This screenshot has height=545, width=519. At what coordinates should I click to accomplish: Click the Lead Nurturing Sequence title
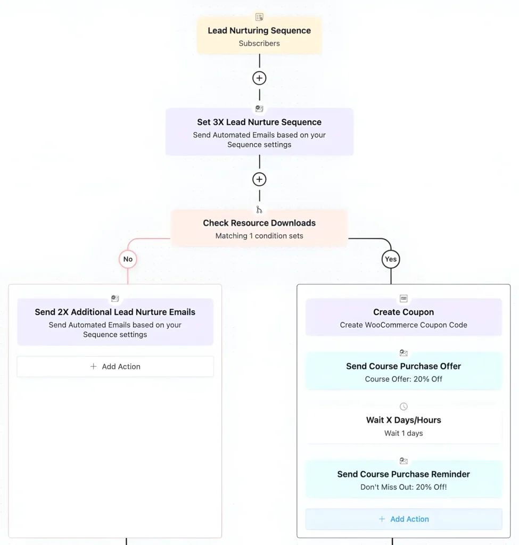(x=259, y=30)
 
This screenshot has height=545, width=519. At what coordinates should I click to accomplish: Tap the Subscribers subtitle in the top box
(x=259, y=44)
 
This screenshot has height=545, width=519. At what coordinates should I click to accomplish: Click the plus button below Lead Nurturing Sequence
(x=259, y=78)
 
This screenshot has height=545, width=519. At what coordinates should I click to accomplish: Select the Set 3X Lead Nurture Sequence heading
(x=259, y=122)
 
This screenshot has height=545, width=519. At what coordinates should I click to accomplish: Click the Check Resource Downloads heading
(x=259, y=223)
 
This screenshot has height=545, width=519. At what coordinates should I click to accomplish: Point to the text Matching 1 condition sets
(x=259, y=236)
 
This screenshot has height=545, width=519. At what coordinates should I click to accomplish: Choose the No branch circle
(x=128, y=259)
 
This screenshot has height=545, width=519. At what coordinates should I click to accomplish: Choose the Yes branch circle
(x=391, y=259)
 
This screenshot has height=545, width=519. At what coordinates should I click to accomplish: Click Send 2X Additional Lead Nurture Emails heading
(x=115, y=312)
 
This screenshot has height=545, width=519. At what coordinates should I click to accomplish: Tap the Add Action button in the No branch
(x=115, y=367)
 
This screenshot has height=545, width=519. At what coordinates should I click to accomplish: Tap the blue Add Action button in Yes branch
(x=403, y=519)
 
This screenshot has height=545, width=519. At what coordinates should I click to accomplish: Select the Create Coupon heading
(x=403, y=312)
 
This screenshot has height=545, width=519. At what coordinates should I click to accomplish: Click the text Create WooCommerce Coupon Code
(x=403, y=325)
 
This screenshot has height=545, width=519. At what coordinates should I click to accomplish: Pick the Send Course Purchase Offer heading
(x=403, y=366)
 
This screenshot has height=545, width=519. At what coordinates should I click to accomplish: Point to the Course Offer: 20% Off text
(x=403, y=379)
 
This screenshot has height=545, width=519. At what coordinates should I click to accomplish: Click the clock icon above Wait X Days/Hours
(x=403, y=407)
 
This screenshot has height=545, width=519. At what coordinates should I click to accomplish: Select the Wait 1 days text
(x=403, y=433)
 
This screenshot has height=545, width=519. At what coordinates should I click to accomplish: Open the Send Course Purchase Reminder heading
(x=403, y=474)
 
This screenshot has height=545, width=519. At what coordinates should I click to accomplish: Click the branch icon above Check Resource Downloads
(x=259, y=210)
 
